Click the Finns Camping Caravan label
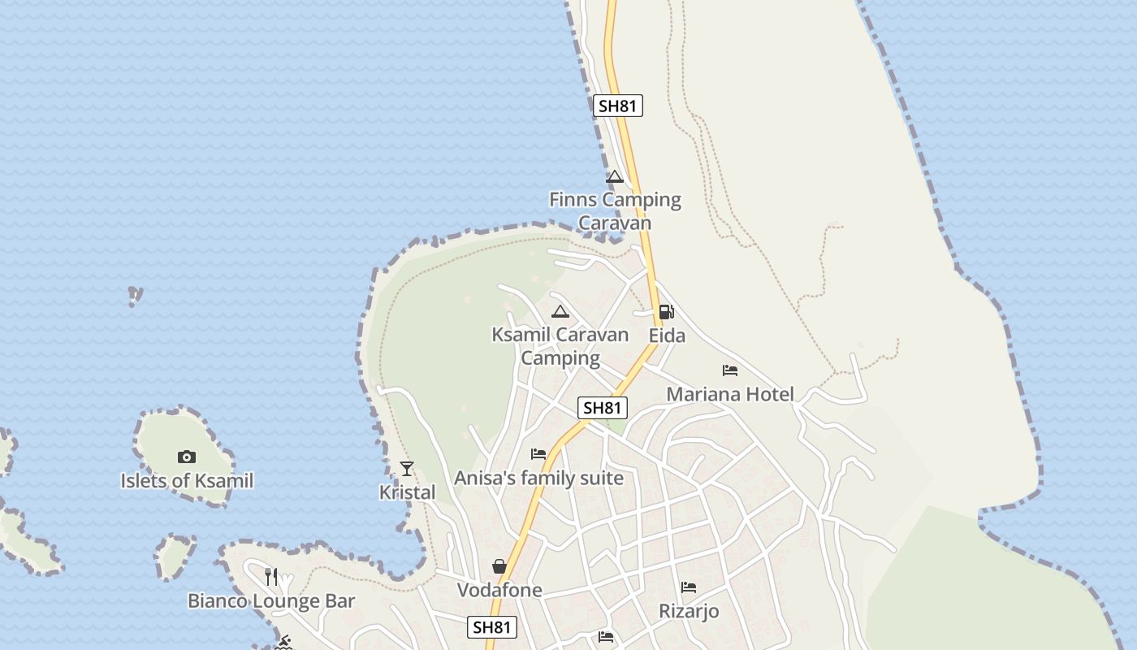point(615,210)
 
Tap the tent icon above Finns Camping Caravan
point(614,177)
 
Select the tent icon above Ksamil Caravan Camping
point(560,311)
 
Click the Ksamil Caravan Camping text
point(560,346)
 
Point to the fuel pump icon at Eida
point(666,311)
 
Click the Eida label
point(667,336)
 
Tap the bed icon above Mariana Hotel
point(730,370)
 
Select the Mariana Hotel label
point(730,395)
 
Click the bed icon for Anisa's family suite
point(538,454)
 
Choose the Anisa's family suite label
point(538,479)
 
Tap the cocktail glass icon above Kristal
point(407,469)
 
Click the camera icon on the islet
point(187,457)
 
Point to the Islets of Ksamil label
point(187,481)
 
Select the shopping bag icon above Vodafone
point(499,566)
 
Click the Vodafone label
point(499,591)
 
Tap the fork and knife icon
point(271,577)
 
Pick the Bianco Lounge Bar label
point(271,601)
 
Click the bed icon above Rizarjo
point(689,587)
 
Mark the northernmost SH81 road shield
point(618,106)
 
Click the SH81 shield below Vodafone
point(492,627)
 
